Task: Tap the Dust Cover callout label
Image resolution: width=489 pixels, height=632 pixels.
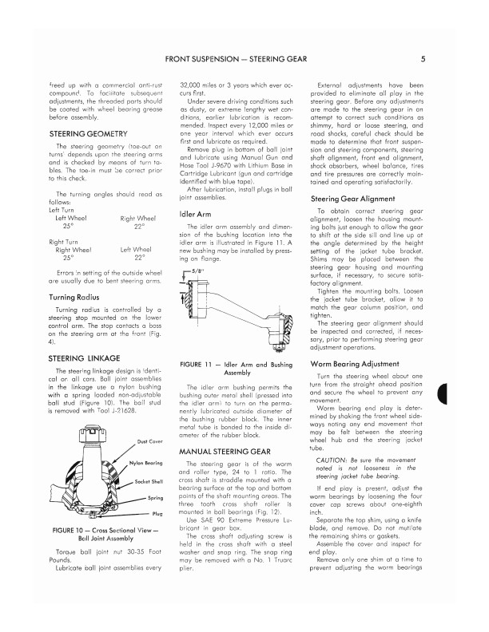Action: click(x=150, y=441)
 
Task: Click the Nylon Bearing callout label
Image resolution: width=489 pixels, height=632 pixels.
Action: click(x=146, y=463)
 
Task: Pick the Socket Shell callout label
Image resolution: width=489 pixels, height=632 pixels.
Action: click(x=149, y=481)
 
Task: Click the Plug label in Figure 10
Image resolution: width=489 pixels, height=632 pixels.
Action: click(x=157, y=513)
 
